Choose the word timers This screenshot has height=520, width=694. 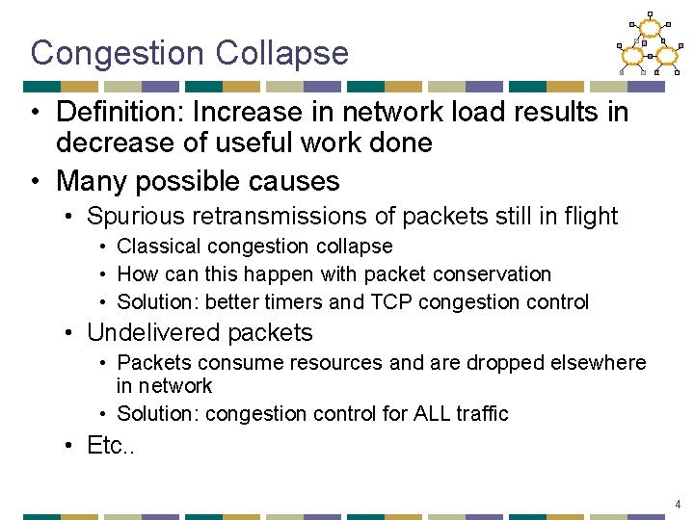click(291, 302)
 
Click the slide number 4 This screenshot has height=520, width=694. click(678, 504)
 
